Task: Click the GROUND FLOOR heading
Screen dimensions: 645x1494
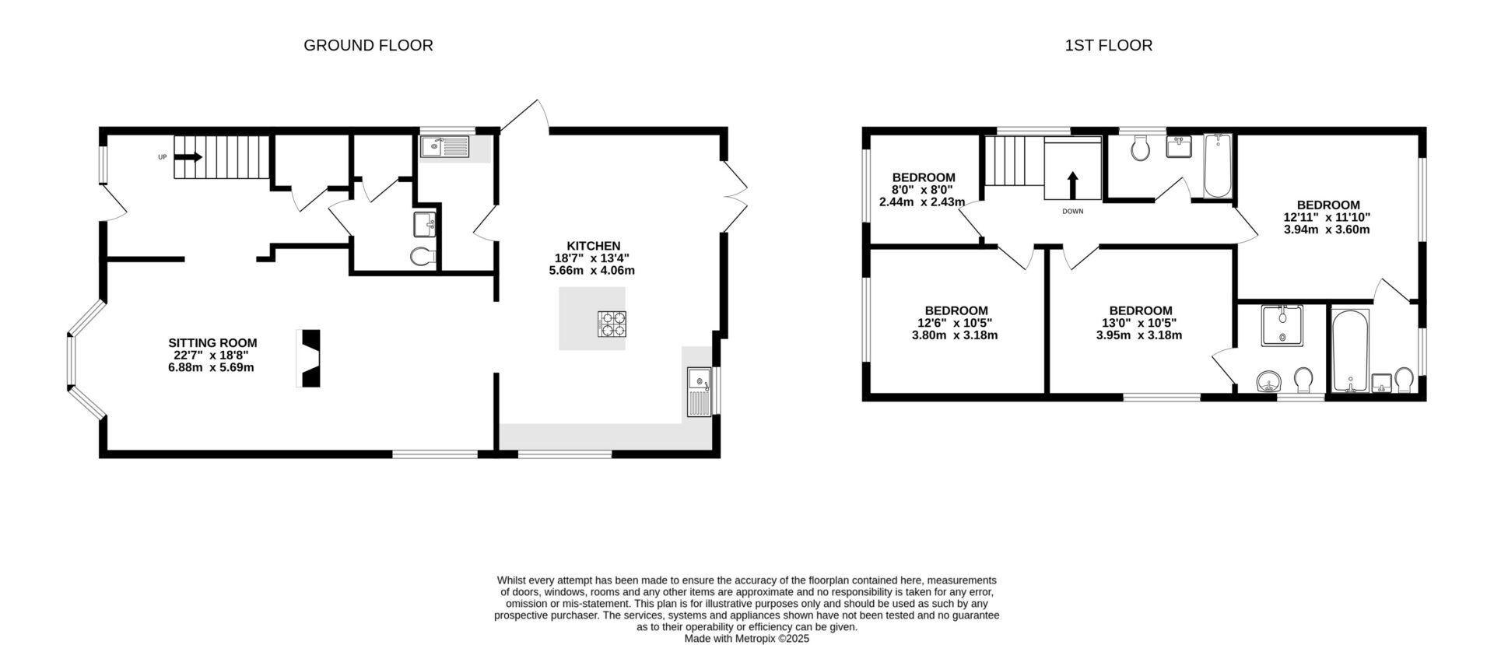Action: (x=368, y=45)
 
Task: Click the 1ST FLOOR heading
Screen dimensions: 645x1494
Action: (x=1108, y=45)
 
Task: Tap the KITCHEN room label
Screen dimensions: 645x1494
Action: (x=593, y=246)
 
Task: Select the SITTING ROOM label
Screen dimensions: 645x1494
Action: (x=212, y=342)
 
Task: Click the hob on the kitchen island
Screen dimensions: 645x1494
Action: (x=611, y=324)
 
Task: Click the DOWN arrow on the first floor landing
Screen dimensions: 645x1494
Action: (x=1072, y=187)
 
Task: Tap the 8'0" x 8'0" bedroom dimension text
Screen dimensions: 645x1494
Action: (x=922, y=190)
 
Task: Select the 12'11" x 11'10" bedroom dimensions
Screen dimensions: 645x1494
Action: (x=1327, y=218)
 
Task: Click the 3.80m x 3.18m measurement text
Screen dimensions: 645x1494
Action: (x=955, y=336)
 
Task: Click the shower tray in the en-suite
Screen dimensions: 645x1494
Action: (x=1280, y=325)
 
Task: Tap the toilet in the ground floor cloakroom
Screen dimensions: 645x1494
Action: (x=422, y=256)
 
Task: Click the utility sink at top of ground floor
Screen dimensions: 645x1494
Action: (x=444, y=145)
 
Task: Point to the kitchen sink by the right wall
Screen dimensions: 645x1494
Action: (x=700, y=393)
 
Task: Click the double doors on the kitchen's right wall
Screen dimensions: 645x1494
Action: (x=734, y=197)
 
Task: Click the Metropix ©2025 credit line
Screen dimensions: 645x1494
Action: (x=746, y=638)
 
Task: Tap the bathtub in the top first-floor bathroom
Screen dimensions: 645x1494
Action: (x=1217, y=167)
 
